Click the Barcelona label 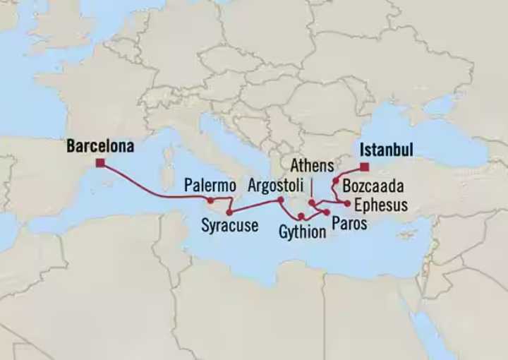point(100,147)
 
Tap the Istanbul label point(386,150)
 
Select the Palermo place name point(210,186)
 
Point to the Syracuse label point(229,226)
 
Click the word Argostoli point(277,186)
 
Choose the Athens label point(311,167)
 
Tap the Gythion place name point(302,231)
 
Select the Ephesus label point(381,205)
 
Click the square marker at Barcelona point(101,163)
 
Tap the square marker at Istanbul point(363,167)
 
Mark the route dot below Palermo point(210,200)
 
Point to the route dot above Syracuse point(229,212)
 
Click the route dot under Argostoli point(280,200)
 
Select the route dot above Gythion point(301,216)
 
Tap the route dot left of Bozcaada point(336,181)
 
